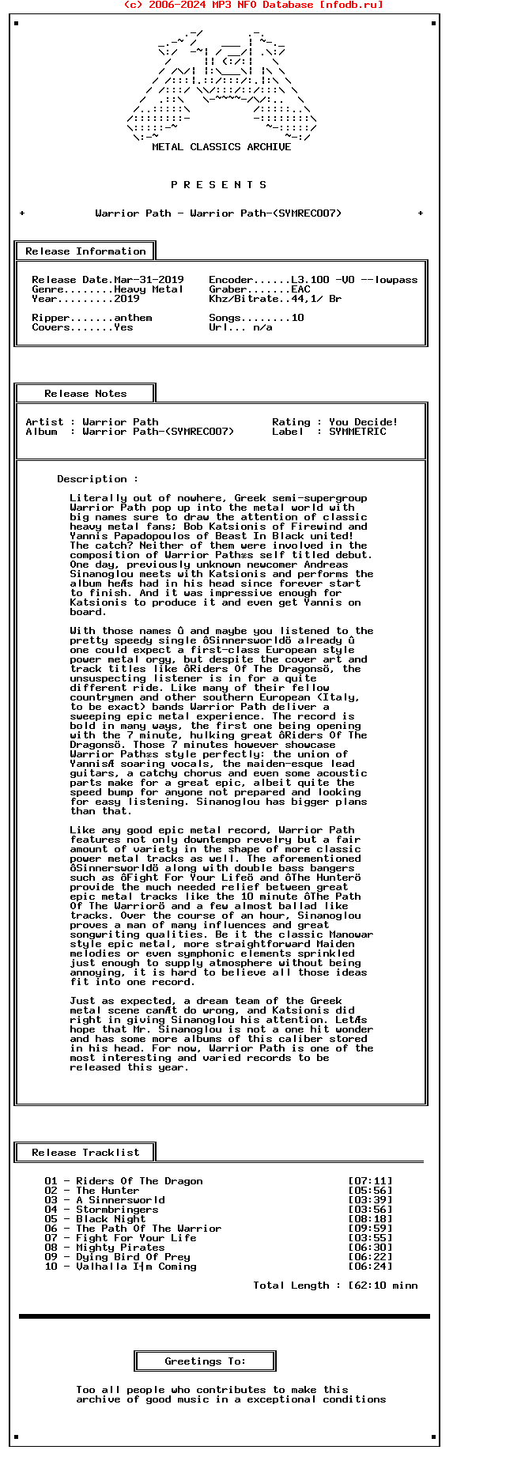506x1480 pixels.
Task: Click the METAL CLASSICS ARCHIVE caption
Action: [x=221, y=147]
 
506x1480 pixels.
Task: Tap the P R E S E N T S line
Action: [x=219, y=185]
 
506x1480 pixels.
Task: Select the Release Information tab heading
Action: [x=85, y=251]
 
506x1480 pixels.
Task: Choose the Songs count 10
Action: [x=297, y=318]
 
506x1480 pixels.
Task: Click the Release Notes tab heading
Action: [x=85, y=394]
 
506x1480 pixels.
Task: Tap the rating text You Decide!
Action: [x=363, y=422]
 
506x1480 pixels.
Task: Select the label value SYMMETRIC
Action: [x=357, y=432]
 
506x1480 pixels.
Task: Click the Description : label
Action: [x=97, y=479]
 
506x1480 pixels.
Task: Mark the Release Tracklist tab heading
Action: [x=85, y=1153]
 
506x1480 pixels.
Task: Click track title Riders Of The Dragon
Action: [x=139, y=1181]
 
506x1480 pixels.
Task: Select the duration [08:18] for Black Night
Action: [x=370, y=1219]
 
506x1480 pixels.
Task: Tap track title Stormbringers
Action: [x=117, y=1210]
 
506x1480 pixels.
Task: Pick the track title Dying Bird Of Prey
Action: [x=133, y=1257]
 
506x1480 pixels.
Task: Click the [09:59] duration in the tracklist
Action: [x=370, y=1229]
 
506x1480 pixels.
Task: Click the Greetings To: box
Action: [x=206, y=1361]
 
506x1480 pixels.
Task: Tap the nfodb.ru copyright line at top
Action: [x=253, y=5]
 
